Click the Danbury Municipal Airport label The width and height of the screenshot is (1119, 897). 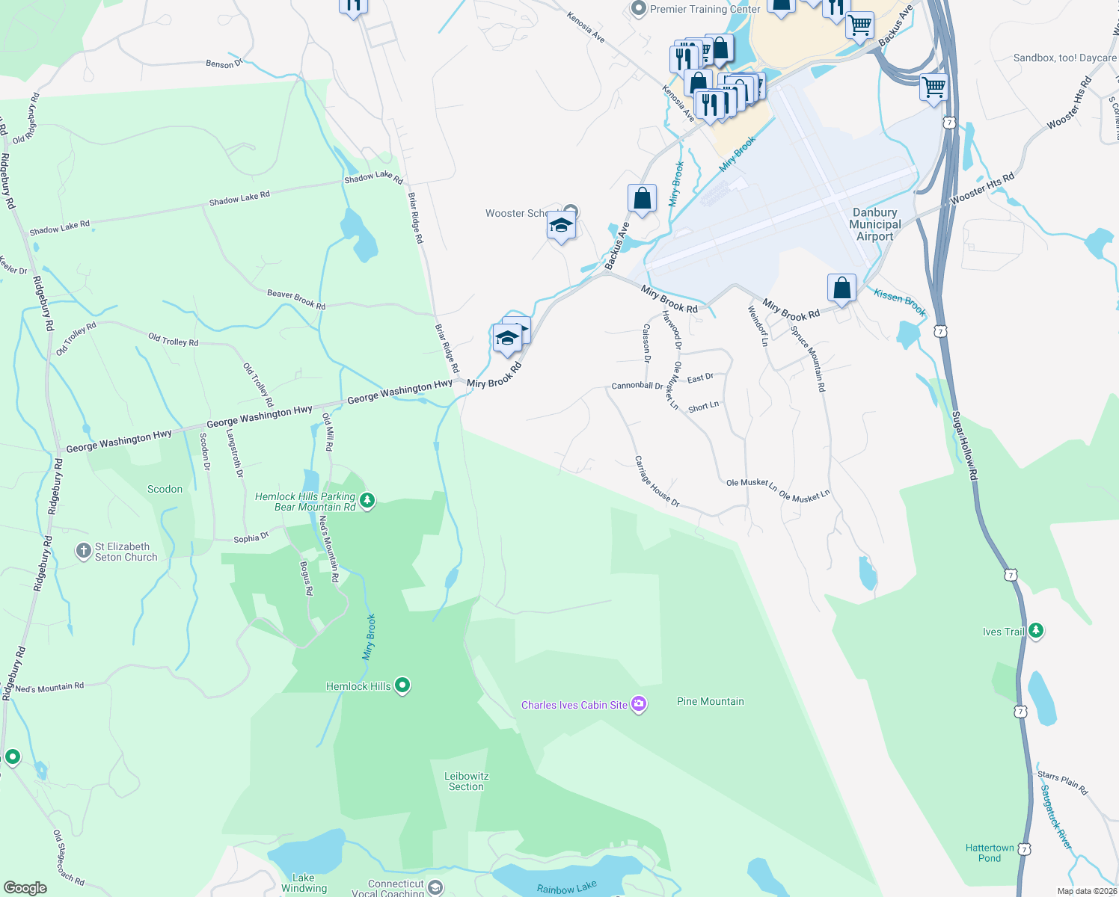[874, 224]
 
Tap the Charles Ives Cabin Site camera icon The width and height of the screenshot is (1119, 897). [639, 704]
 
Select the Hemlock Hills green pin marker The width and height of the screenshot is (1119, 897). [402, 685]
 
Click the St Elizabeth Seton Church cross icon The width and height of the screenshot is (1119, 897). [84, 552]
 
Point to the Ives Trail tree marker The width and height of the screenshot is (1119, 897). [1036, 631]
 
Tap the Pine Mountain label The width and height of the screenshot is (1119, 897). [710, 701]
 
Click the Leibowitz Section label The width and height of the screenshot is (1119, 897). [466, 781]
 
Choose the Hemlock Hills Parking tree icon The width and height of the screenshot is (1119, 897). [367, 500]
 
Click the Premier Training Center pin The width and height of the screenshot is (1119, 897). [638, 9]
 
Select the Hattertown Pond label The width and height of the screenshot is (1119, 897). [989, 853]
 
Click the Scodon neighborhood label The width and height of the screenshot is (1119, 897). [165, 489]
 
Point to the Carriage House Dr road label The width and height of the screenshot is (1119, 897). [657, 482]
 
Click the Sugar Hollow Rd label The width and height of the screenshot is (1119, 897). [964, 446]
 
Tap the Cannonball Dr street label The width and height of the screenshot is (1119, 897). [637, 386]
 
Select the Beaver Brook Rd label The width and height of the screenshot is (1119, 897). [296, 300]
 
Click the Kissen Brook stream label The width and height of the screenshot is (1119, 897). [900, 301]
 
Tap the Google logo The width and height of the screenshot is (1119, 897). [25, 888]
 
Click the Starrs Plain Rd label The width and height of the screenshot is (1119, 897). [1062, 783]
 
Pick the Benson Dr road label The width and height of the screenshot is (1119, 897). [224, 64]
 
